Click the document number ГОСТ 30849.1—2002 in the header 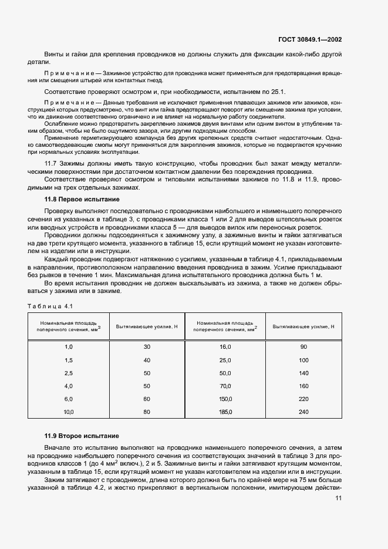(310, 40)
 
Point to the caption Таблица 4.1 (49, 306)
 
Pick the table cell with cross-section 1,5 (68, 360)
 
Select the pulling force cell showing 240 (303, 412)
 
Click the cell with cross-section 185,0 (225, 412)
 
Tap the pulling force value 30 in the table (147, 347)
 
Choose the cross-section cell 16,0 (225, 347)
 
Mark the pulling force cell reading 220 (303, 399)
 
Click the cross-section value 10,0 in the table (68, 412)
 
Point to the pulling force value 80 (147, 412)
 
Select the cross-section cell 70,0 (225, 386)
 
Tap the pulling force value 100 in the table (303, 360)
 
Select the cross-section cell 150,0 (225, 399)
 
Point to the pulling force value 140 (303, 373)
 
